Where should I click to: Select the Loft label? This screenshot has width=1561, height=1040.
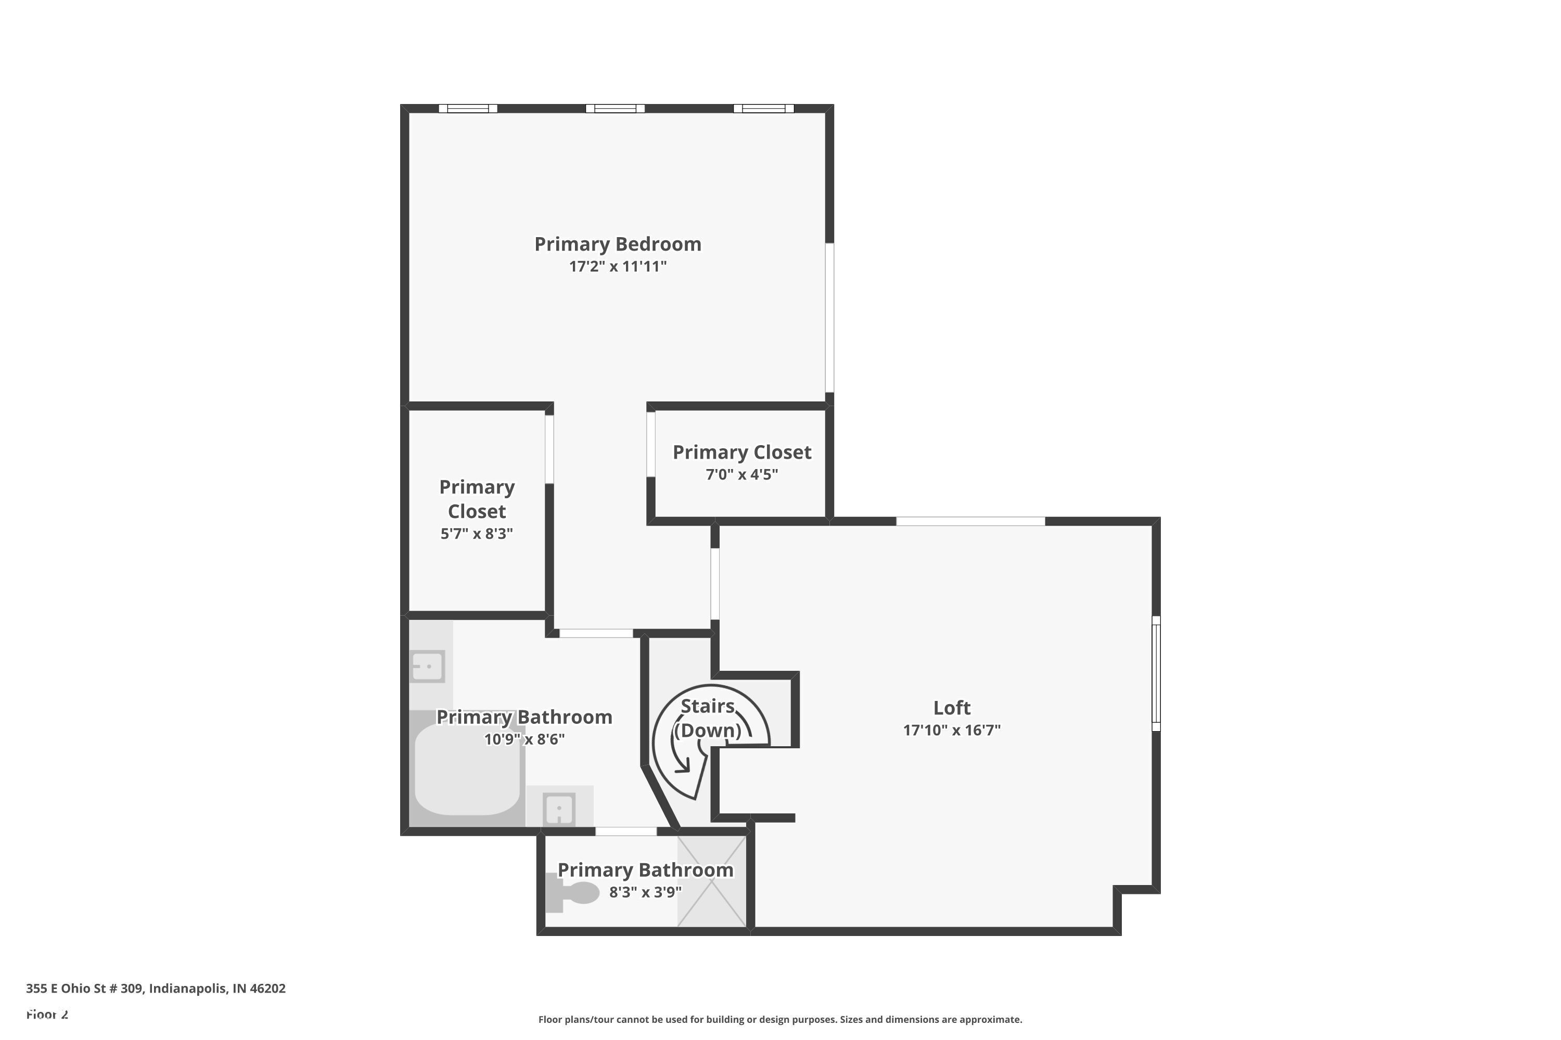(x=952, y=708)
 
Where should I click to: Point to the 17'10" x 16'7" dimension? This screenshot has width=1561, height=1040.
(x=952, y=730)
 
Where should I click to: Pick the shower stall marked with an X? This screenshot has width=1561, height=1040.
(x=711, y=881)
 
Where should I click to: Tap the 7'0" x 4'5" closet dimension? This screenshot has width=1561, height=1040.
(x=741, y=474)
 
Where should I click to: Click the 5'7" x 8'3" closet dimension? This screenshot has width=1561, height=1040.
(x=477, y=534)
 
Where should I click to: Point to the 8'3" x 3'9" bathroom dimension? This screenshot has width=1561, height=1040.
(x=645, y=892)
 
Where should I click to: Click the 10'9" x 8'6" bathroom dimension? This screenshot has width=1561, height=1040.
(x=524, y=739)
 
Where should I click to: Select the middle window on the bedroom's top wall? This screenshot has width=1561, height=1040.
(x=615, y=109)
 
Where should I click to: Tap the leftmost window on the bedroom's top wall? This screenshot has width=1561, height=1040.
(x=468, y=109)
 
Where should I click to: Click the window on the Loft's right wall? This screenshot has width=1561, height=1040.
(x=1156, y=673)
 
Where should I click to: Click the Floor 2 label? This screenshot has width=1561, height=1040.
(x=47, y=1014)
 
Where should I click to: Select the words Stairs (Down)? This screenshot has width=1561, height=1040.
(x=708, y=718)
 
